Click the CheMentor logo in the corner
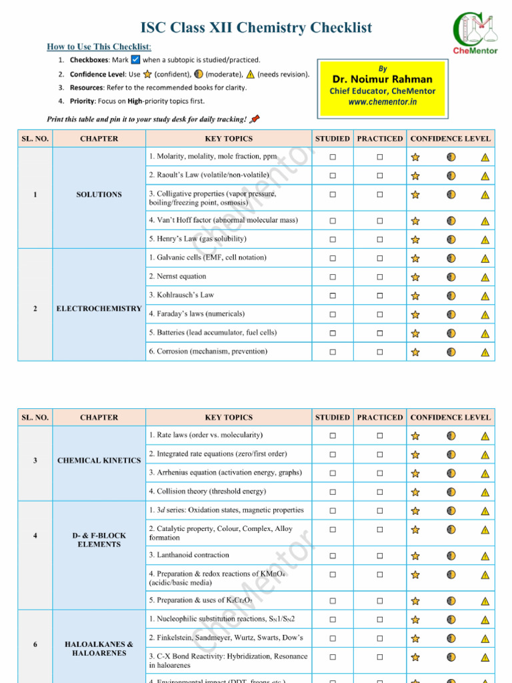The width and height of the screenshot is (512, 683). click(x=475, y=33)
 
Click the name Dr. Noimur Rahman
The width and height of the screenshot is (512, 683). click(x=382, y=79)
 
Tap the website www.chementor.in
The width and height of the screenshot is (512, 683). click(x=382, y=102)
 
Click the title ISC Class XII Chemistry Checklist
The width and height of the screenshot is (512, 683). click(x=256, y=28)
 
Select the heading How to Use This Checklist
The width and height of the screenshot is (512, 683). click(x=99, y=47)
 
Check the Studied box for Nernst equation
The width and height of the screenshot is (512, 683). click(x=332, y=277)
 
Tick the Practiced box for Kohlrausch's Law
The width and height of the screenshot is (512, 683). click(x=379, y=295)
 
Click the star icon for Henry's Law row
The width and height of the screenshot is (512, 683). click(x=415, y=239)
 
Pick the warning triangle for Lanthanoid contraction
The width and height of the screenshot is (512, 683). click(x=485, y=556)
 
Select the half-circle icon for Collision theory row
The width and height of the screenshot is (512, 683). click(x=451, y=492)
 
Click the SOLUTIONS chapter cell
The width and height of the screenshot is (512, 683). click(x=99, y=195)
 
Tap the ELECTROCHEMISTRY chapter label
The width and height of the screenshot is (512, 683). click(x=99, y=309)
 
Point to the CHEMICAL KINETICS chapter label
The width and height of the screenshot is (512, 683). click(x=99, y=461)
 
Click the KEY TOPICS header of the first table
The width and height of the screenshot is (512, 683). click(x=229, y=139)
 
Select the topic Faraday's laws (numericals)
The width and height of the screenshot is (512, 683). click(x=197, y=313)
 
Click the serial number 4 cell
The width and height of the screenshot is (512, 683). click(x=35, y=536)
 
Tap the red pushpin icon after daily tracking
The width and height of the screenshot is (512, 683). click(x=255, y=119)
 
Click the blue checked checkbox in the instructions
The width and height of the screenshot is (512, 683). click(x=135, y=60)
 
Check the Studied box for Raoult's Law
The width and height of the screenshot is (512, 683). click(x=332, y=176)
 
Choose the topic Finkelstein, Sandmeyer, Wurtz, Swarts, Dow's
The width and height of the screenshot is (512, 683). click(x=226, y=638)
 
